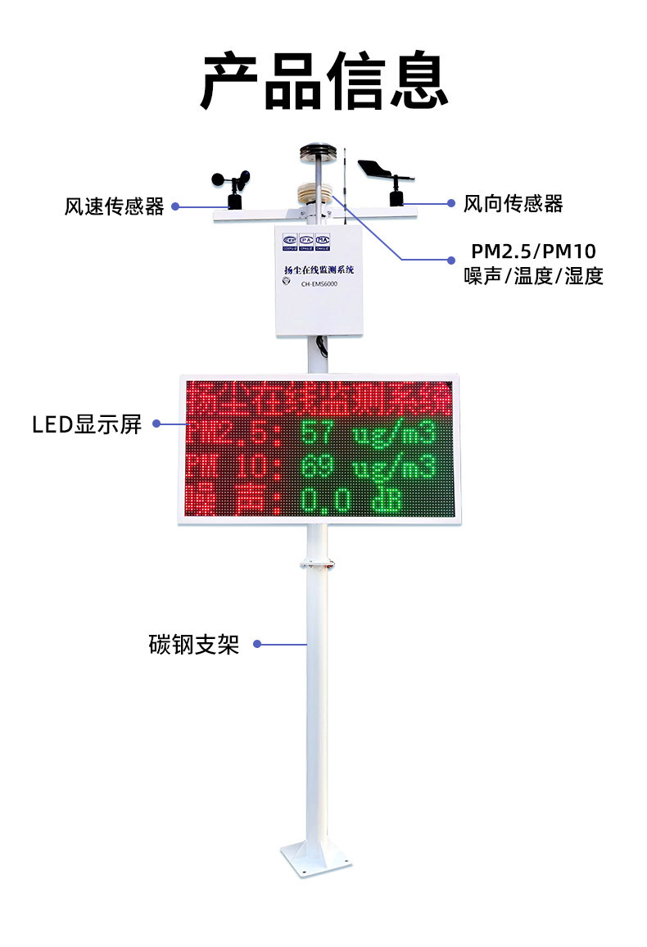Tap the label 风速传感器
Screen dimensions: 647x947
115,206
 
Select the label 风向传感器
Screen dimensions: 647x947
514,203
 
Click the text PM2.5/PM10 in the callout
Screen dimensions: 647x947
533,251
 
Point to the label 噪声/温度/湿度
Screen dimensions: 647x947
533,277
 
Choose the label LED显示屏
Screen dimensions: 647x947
87,424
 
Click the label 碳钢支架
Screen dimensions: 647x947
194,645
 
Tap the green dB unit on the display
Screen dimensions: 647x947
387,501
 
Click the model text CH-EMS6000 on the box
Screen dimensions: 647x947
319,284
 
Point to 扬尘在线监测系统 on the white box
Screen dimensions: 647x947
319,270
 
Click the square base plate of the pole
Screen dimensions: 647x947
316,859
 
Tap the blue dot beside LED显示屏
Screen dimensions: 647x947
156,424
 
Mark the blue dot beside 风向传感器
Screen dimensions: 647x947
450,203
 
